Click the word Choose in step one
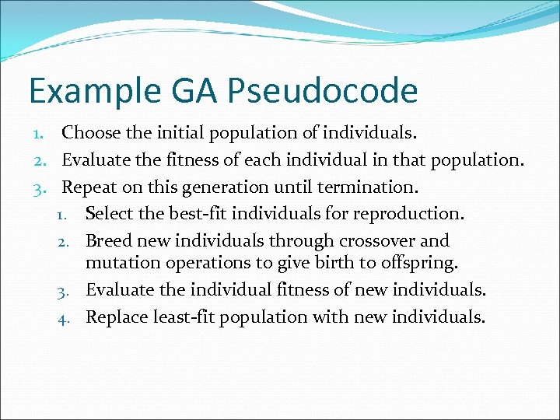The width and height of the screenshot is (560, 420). pyautogui.click(x=91, y=133)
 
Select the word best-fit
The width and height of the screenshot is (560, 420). pyautogui.click(x=198, y=213)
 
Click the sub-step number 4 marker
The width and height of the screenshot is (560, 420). pyautogui.click(x=69, y=317)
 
